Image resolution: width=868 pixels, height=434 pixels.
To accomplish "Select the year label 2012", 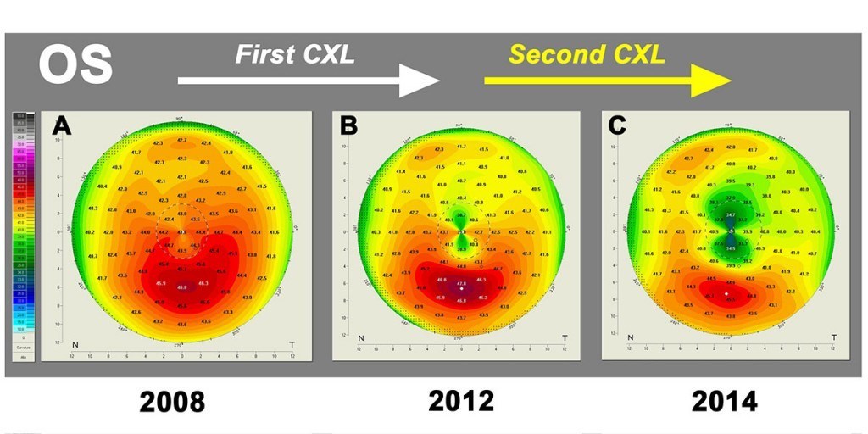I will click(461, 400).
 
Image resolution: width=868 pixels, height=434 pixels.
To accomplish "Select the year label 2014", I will click(724, 400).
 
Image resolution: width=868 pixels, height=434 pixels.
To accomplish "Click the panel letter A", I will click(61, 126).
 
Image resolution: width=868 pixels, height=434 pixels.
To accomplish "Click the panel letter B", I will click(348, 126).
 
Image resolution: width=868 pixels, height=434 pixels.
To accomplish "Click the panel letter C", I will click(616, 126).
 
